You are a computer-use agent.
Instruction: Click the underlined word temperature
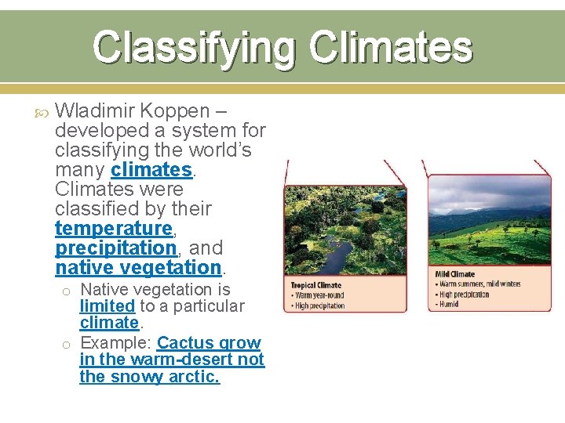tap(113, 228)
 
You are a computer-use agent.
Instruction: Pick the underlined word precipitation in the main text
tap(115, 248)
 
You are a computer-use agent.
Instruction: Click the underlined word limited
tap(107, 305)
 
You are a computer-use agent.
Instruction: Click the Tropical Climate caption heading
tap(315, 286)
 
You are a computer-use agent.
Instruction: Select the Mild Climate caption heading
tap(455, 274)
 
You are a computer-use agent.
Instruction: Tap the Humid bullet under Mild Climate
tap(450, 304)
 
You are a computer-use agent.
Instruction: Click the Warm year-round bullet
tap(319, 295)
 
